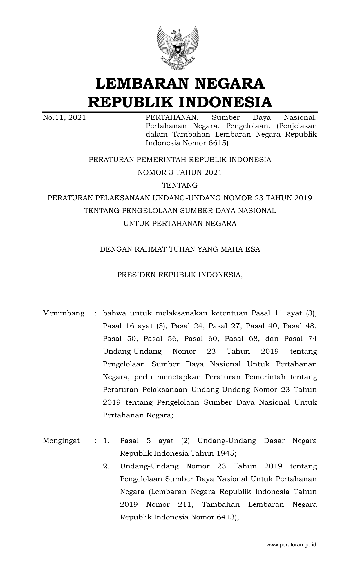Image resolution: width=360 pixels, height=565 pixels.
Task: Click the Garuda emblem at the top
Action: pyautogui.click(x=180, y=48)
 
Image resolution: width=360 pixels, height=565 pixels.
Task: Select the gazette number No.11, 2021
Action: pyautogui.click(x=64, y=118)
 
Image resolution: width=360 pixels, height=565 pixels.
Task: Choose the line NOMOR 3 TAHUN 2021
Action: pyautogui.click(x=180, y=172)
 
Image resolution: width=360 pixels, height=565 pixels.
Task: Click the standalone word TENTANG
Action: pyautogui.click(x=180, y=185)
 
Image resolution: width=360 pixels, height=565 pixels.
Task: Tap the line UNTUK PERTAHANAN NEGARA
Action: pyautogui.click(x=180, y=224)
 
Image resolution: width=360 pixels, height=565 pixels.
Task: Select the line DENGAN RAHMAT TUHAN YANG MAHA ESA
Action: pyautogui.click(x=180, y=249)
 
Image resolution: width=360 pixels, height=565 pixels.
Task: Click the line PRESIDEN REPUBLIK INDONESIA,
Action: pyautogui.click(x=180, y=275)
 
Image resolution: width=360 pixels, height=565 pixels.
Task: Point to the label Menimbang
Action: pyautogui.click(x=64, y=313)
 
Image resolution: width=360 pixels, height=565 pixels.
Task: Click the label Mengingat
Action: pyautogui.click(x=61, y=441)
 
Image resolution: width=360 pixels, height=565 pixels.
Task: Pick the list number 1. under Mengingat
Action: pyautogui.click(x=106, y=441)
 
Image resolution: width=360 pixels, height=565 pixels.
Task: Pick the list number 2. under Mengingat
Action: pyautogui.click(x=106, y=466)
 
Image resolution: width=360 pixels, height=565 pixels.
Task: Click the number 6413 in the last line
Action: pyautogui.click(x=225, y=517)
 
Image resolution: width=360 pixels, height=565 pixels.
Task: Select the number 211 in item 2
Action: pyautogui.click(x=185, y=505)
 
